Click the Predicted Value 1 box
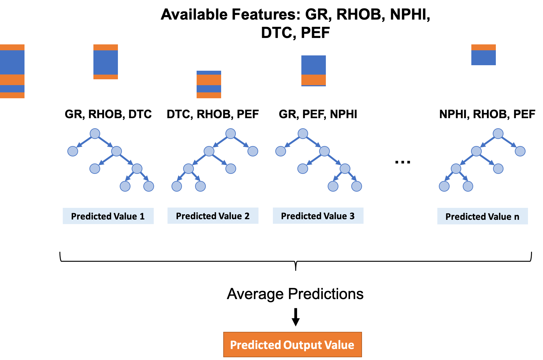108,216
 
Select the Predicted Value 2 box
213,216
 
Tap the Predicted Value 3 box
318,216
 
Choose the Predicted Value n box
482,216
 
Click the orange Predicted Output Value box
292,345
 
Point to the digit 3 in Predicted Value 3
352,216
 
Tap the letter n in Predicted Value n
517,217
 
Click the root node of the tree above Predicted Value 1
95,133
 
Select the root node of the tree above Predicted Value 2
231,133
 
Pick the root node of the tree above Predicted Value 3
303,133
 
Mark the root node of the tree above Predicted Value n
498,133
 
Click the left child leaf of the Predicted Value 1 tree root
73,151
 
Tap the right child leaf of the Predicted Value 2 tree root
253,151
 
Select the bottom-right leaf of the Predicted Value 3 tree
356,186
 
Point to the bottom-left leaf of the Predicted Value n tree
444,186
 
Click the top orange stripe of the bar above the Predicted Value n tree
483,47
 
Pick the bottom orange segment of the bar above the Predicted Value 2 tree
209,95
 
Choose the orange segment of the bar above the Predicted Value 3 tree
313,80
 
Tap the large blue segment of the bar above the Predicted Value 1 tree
105,62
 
